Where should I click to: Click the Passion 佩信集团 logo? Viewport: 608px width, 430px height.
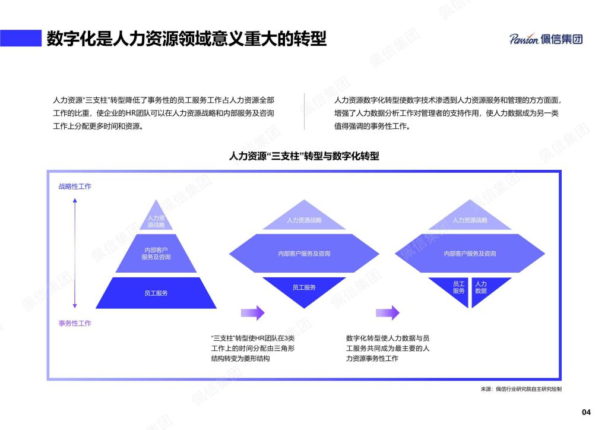pos(546,39)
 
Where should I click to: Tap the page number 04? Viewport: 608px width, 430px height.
pos(586,412)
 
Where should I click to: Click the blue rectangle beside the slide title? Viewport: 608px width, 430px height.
pos(21,38)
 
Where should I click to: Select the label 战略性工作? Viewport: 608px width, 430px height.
pos(75,186)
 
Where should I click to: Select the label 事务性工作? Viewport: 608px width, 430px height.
pos(75,323)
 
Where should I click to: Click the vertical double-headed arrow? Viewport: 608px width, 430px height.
pos(75,253)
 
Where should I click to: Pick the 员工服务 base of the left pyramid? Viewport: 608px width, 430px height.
pos(156,293)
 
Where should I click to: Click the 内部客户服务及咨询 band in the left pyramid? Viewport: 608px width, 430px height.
pos(156,253)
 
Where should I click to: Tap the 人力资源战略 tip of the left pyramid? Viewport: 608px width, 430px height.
pos(156,217)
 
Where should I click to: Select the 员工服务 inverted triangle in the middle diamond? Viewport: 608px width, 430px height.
pos(304,289)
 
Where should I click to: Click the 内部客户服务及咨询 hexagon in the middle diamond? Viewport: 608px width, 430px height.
pos(304,253)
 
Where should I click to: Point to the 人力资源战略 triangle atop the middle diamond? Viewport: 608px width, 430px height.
pos(304,218)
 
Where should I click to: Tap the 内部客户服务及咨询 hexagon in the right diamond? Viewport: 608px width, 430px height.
pos(470,253)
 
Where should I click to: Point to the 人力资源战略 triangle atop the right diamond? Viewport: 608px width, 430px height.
pos(470,218)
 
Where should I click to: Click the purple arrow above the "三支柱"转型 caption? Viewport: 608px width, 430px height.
pos(253,312)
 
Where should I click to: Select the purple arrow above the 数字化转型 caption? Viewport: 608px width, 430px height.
pos(388,312)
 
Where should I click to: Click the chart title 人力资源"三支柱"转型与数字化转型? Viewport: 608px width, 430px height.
pos(304,156)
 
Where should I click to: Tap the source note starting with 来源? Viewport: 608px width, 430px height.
pos(521,389)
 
